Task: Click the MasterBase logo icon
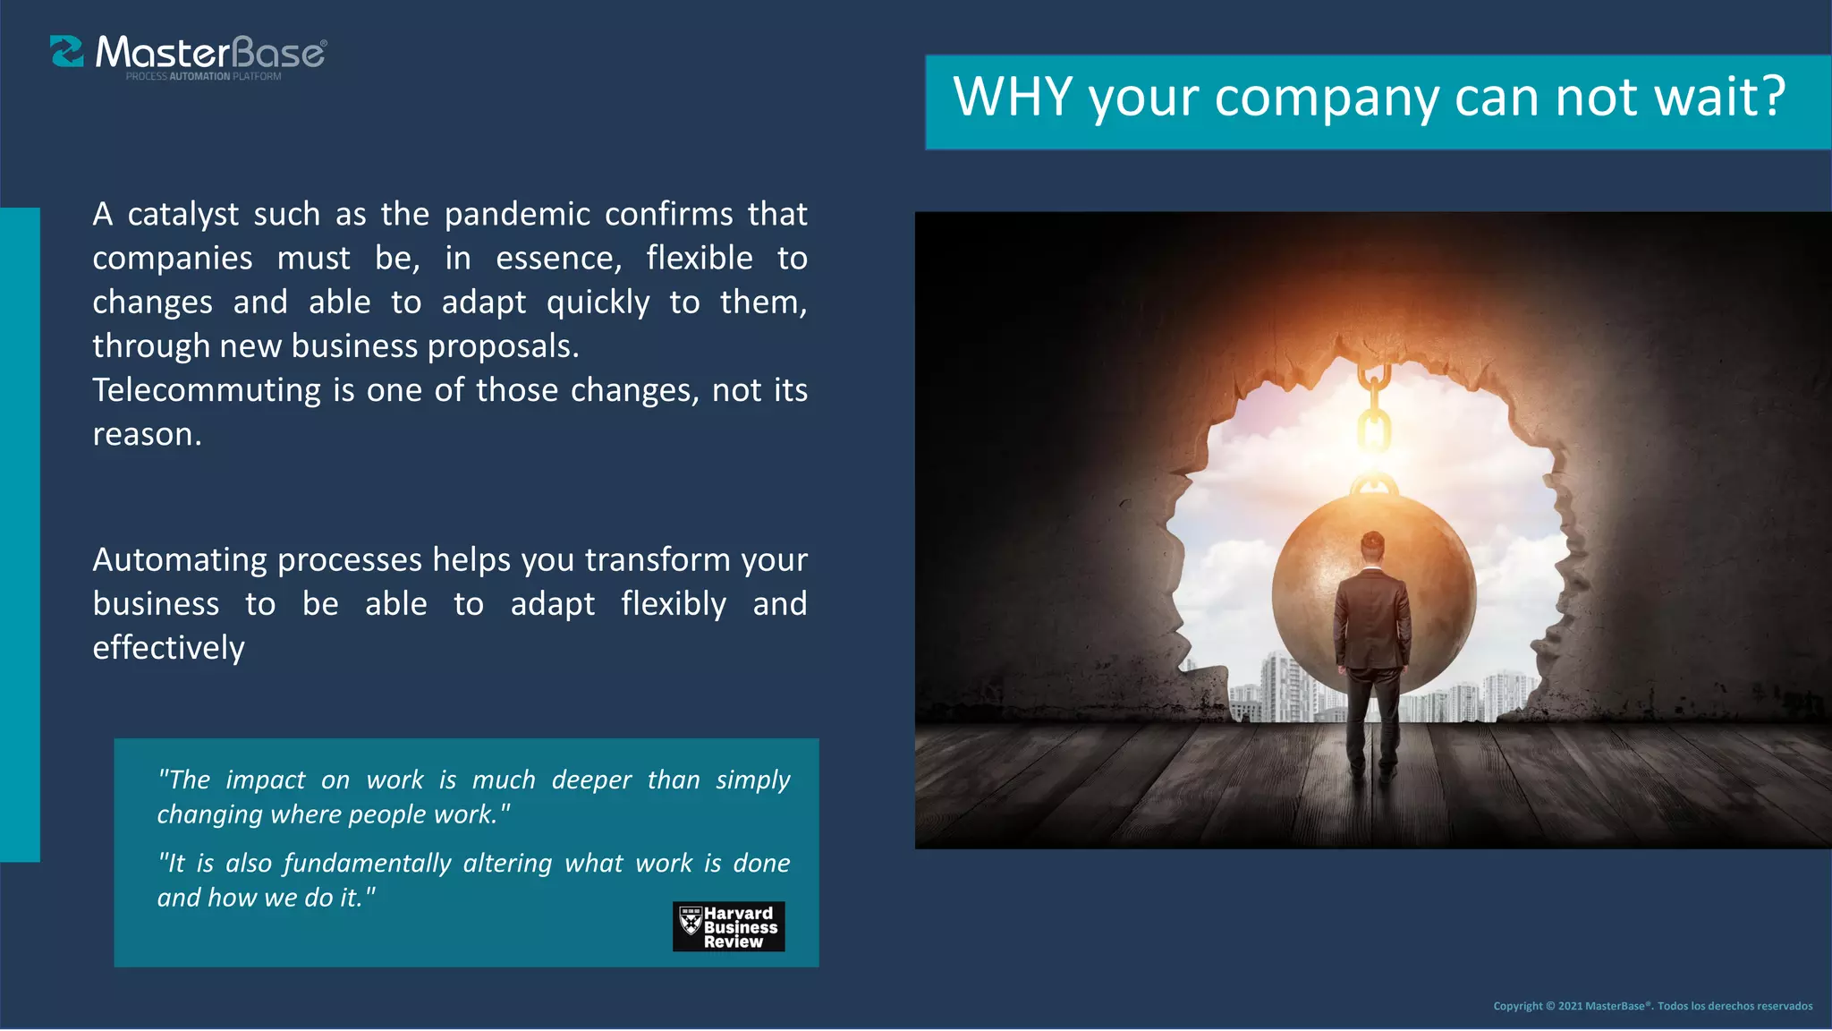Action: tap(66, 52)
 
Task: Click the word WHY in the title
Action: tap(1013, 97)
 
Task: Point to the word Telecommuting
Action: tap(207, 391)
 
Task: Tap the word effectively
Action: tap(168, 648)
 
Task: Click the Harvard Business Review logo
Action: tap(728, 926)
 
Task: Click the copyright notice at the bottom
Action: tap(1652, 1006)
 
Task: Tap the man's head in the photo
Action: tap(1372, 544)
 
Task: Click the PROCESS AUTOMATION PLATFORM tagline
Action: tap(203, 77)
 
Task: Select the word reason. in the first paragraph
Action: tap(148, 435)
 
